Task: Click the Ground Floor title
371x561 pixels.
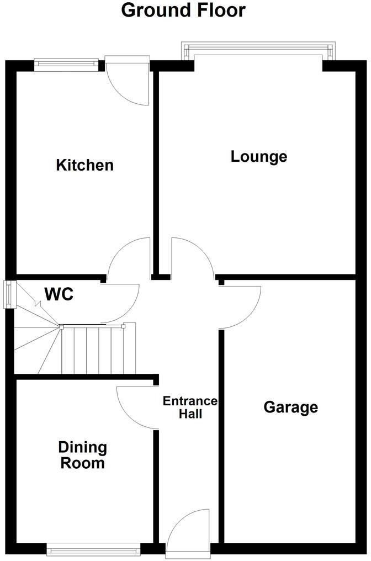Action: (x=183, y=10)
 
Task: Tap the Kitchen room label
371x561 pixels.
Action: (x=85, y=165)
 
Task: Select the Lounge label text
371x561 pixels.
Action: (x=258, y=156)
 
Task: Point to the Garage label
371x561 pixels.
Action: (x=290, y=407)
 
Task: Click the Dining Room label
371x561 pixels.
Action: (x=83, y=455)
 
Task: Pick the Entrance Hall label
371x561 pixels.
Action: (x=190, y=407)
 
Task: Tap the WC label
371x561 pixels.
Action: (x=59, y=294)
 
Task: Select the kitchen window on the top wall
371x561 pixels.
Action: (x=67, y=64)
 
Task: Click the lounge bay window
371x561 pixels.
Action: (x=258, y=52)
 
